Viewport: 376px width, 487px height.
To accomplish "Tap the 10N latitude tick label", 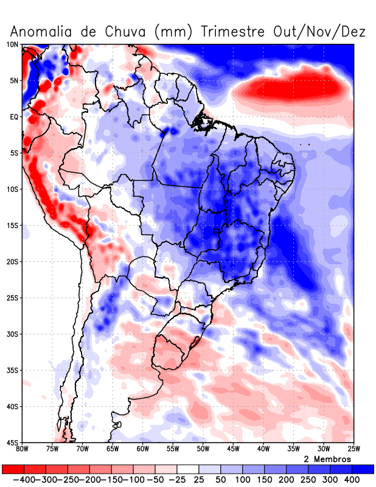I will point(12,44).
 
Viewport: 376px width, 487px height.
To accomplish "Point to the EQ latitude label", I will point(14,116).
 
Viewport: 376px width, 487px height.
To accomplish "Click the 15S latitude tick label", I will point(12,225).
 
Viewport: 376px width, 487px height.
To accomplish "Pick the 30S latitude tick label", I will point(12,334).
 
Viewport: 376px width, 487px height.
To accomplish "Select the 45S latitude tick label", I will point(12,443).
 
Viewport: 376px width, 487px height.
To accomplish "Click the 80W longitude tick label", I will point(23,449).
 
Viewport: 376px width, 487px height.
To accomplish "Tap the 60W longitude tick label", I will point(142,449).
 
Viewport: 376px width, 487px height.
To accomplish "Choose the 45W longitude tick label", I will point(233,449).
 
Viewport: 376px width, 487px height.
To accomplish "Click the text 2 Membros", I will point(326,458).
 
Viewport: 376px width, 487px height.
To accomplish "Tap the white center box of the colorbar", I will point(188,469).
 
